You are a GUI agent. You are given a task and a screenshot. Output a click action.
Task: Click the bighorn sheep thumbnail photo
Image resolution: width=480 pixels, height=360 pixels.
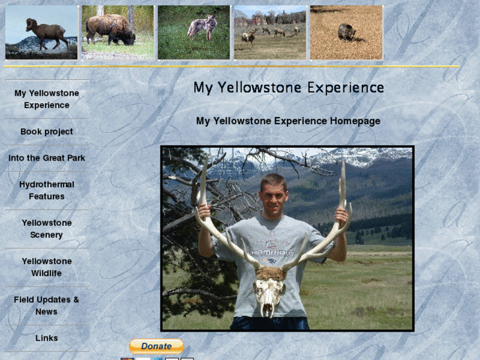(42, 32)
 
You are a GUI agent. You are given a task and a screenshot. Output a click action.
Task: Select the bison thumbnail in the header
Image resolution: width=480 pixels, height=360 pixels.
(118, 32)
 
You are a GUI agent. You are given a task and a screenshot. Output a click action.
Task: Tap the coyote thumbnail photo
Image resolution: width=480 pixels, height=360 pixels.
(194, 32)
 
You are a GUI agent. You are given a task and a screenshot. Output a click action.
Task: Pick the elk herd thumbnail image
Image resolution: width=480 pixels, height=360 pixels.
(270, 32)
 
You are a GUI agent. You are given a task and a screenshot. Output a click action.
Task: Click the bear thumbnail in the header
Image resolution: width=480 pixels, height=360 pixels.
(347, 32)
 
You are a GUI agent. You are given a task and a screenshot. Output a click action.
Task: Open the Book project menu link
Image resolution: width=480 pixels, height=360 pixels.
(46, 131)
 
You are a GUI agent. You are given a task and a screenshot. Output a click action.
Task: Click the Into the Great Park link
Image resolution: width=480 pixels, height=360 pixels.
(46, 158)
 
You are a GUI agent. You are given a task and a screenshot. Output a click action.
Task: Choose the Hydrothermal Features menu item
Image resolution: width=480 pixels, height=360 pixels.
(46, 190)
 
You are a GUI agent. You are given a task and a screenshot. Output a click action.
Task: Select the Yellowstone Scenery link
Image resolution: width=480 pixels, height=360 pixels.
(46, 229)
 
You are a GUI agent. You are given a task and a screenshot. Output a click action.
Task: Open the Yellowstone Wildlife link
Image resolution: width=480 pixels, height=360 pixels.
(46, 267)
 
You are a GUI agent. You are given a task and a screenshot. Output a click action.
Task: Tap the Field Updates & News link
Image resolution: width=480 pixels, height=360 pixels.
(46, 305)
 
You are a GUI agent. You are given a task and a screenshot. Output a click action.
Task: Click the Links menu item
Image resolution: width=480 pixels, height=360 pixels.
(46, 338)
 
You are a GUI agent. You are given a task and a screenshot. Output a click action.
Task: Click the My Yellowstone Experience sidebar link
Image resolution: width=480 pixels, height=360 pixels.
(46, 99)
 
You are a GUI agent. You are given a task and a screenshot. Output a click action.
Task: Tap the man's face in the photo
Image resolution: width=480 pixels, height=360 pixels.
(272, 192)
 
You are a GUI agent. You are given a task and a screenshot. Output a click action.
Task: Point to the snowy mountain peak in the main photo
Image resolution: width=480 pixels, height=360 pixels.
(357, 157)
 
